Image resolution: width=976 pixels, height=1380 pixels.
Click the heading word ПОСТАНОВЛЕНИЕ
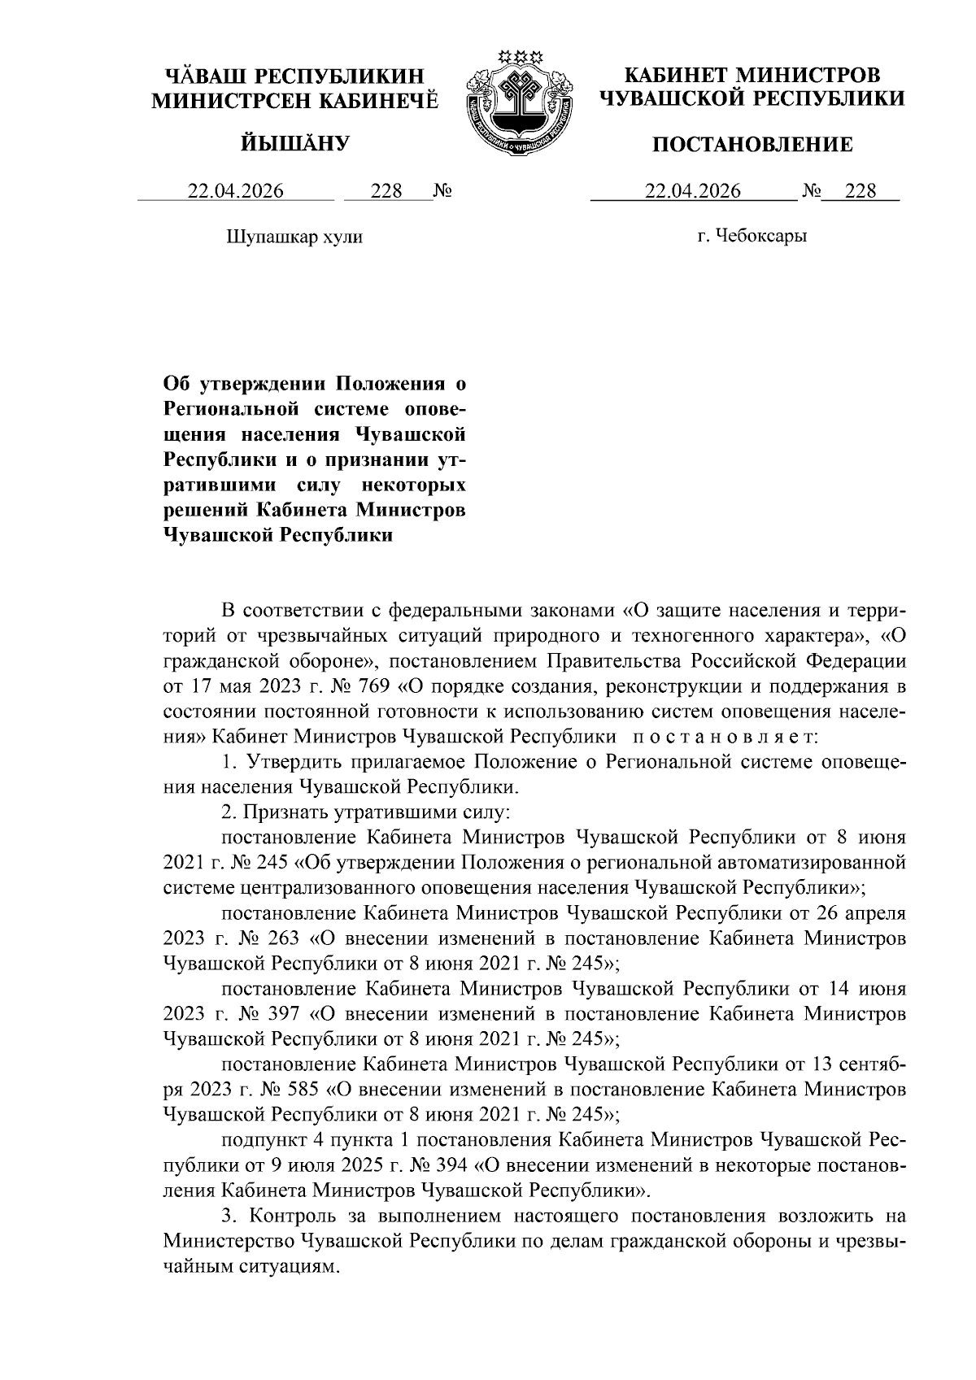(x=753, y=145)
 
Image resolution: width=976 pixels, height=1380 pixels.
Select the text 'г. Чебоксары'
(x=752, y=237)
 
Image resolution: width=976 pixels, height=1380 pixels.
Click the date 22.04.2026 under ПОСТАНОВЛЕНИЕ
(x=693, y=192)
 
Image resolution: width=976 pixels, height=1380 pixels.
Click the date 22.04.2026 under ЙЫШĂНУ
(x=236, y=192)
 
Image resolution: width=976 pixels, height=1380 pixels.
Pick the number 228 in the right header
(x=861, y=192)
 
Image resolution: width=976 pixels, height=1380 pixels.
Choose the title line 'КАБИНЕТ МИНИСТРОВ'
(x=752, y=76)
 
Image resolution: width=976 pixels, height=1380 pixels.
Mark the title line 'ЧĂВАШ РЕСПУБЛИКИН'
(x=294, y=77)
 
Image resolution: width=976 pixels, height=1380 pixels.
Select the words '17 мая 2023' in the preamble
(x=242, y=686)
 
